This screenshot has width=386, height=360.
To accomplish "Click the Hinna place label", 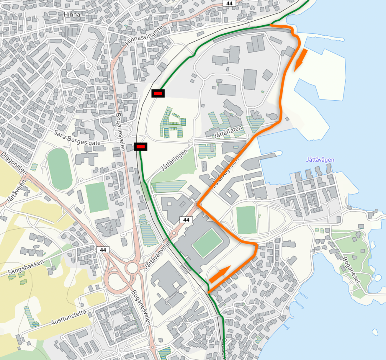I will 72,14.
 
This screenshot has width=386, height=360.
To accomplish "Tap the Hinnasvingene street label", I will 144,36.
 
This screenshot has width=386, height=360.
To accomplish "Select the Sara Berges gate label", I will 77,138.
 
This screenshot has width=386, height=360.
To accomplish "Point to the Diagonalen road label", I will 14,164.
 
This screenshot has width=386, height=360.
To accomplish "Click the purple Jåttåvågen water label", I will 320,160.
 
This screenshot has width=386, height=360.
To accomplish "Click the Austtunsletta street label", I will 69,316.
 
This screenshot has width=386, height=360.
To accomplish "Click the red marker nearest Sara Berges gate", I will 141,146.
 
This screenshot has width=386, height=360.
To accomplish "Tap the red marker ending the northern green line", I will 158,93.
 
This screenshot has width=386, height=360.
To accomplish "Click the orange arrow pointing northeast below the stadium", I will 220,274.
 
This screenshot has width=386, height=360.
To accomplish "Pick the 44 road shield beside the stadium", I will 186,220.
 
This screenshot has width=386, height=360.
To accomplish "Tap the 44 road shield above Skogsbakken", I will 103,249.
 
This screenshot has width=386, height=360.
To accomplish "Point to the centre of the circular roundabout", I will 132,268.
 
